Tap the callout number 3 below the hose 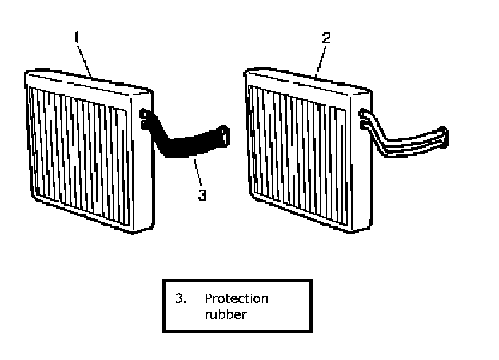pyautogui.click(x=202, y=194)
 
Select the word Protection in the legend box pyautogui.click(x=236, y=298)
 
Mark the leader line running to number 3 pyautogui.click(x=196, y=174)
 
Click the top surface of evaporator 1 pyautogui.click(x=88, y=79)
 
